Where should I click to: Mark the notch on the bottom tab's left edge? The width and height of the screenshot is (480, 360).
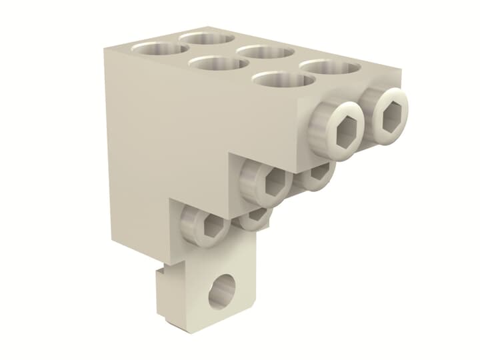[x=159, y=273]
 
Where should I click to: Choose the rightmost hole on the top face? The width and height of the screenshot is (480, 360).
[x=331, y=67]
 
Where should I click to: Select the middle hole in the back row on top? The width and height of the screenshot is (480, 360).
[x=267, y=52]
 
